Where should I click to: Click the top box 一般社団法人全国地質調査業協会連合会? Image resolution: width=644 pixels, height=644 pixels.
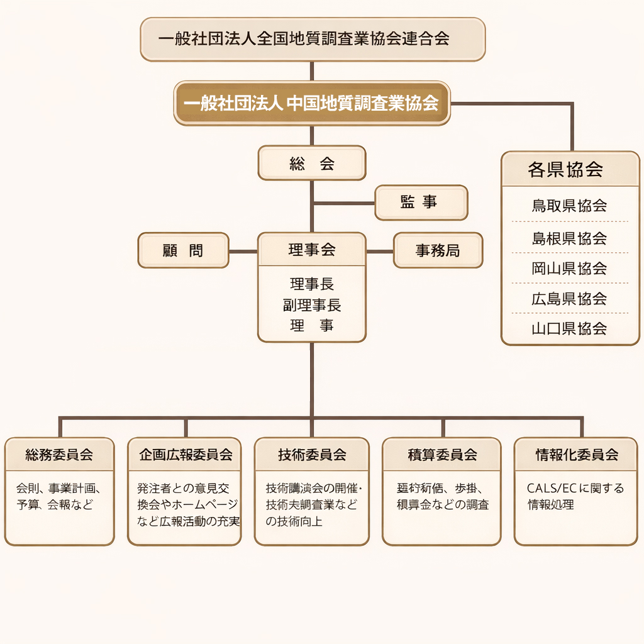point(313,39)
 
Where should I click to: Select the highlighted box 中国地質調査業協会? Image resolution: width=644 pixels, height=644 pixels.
point(312,103)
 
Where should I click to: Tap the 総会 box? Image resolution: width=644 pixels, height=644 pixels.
point(312,164)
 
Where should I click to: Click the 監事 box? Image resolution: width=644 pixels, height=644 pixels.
point(421,203)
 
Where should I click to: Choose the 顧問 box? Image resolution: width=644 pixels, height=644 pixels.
point(183,250)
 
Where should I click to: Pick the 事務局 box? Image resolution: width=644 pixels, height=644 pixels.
point(438,250)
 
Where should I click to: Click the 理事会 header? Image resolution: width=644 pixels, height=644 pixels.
point(312,250)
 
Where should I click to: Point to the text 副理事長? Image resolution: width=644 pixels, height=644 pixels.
point(312,306)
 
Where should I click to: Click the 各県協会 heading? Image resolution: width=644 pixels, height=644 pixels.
point(570,169)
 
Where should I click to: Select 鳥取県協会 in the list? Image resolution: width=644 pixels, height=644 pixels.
point(570,206)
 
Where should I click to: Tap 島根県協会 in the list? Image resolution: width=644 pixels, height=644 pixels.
point(570,238)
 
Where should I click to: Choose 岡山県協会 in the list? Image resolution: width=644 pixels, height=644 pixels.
point(570,269)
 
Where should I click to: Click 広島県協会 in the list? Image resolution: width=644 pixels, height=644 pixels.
point(570,299)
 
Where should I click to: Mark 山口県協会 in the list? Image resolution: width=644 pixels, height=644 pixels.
point(570,328)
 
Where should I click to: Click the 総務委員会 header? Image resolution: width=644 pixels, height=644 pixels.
point(60,454)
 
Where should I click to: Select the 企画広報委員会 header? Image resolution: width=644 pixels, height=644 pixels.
point(184,454)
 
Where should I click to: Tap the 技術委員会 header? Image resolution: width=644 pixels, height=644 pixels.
point(312,454)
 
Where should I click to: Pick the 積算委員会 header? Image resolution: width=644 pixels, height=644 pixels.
point(441,454)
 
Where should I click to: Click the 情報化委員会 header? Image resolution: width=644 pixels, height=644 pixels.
point(576,454)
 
